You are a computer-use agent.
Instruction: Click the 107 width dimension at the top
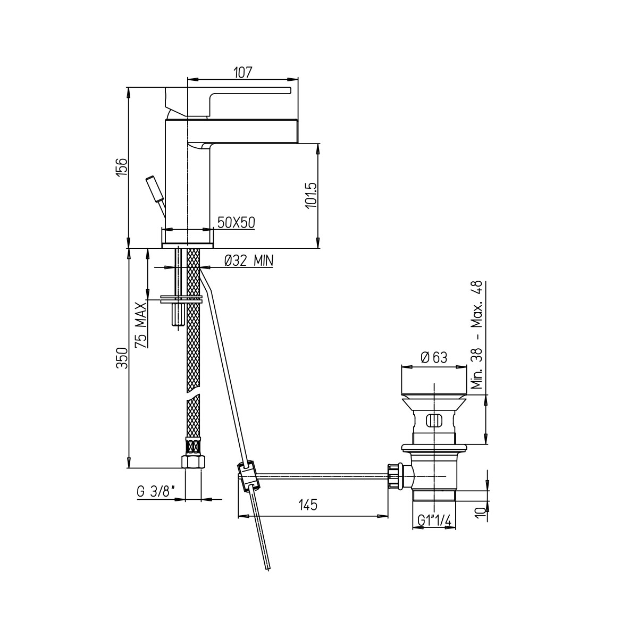242,72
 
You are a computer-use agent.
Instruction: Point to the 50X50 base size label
236,223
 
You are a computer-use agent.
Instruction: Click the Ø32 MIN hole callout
249,261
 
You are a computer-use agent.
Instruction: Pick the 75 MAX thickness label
141,325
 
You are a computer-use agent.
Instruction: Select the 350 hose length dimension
122,358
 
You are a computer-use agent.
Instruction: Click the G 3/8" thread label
156,501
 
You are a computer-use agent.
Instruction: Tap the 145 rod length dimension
308,505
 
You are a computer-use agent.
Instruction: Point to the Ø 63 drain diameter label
434,358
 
